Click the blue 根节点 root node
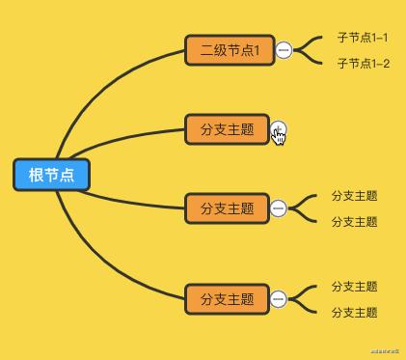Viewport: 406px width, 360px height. pos(51,175)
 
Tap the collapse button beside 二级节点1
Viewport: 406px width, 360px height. pos(284,50)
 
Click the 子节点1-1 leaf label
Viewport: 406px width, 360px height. pos(363,38)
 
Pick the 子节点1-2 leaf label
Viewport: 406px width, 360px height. pos(363,64)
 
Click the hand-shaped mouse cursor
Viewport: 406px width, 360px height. pos(280,134)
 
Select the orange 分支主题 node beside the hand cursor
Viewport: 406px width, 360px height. pos(227,129)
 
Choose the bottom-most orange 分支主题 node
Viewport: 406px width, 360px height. pos(227,299)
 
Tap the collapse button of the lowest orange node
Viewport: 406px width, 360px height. pos(279,299)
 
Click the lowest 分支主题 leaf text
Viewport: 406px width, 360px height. pos(354,313)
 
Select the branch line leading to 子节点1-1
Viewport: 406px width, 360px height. pos(311,42)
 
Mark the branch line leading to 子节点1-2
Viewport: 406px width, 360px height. pos(311,60)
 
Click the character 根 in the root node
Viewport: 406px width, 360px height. pos(37,175)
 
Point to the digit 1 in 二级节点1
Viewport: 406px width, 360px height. pos(257,50)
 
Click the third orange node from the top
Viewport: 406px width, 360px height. pos(227,208)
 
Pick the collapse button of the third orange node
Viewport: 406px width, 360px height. pos(279,208)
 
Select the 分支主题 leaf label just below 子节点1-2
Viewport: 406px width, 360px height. pos(354,195)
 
